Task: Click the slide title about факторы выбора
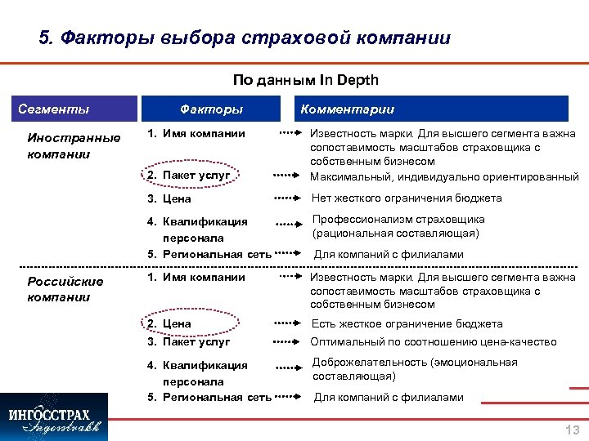[x=245, y=38]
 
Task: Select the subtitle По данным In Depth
[x=305, y=80]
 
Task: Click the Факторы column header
[x=211, y=109]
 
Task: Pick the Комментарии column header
[x=347, y=109]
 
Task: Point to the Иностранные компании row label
[x=74, y=145]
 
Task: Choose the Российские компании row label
[x=65, y=289]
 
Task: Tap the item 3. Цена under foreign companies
[x=169, y=198]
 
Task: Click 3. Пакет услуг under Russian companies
[x=188, y=341]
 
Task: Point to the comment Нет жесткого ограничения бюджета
[x=407, y=198]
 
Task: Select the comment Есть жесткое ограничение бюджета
[x=407, y=323]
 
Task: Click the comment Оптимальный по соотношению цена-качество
[x=434, y=341]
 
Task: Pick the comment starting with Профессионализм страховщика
[x=410, y=226]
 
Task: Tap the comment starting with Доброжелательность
[x=415, y=369]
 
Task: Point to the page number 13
[x=572, y=430]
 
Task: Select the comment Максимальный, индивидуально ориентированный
[x=444, y=176]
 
